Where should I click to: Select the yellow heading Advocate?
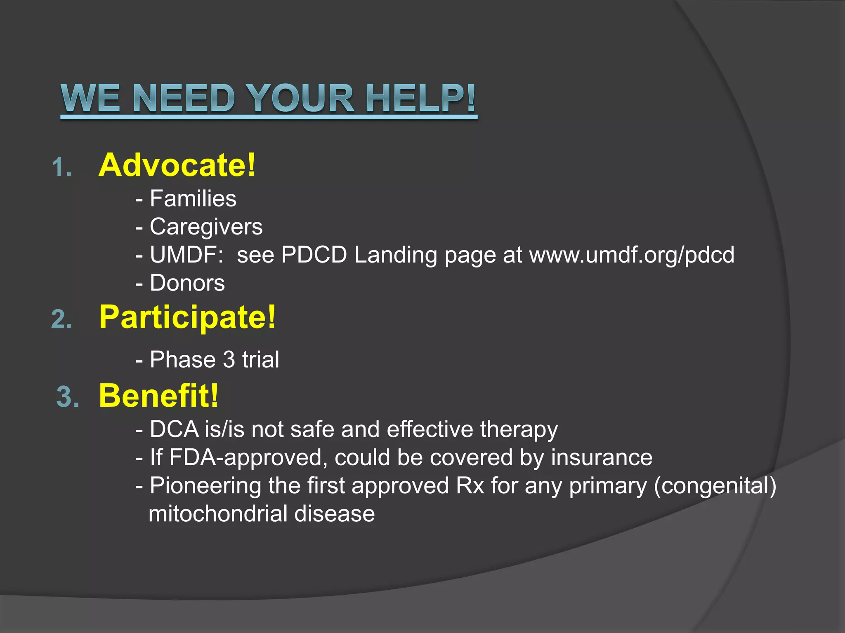(177, 165)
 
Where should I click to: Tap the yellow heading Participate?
(187, 317)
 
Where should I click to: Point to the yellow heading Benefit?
(158, 396)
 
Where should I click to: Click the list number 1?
(61, 168)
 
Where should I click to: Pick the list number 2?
(61, 320)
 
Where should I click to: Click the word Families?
(193, 199)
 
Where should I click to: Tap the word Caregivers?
(206, 227)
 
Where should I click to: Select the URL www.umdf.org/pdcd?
(632, 255)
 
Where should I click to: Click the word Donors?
(187, 283)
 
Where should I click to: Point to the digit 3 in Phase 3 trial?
(229, 359)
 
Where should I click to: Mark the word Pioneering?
(205, 486)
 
